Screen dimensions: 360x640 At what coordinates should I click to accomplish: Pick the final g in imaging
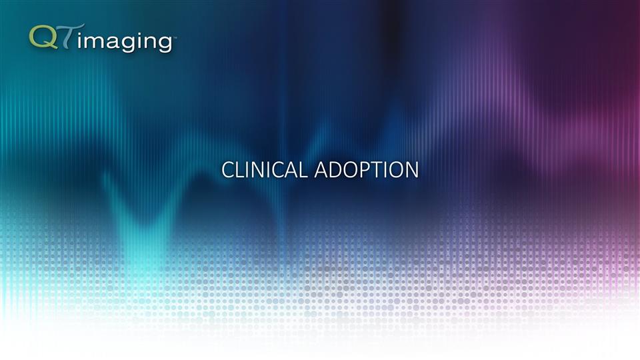click(163, 44)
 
